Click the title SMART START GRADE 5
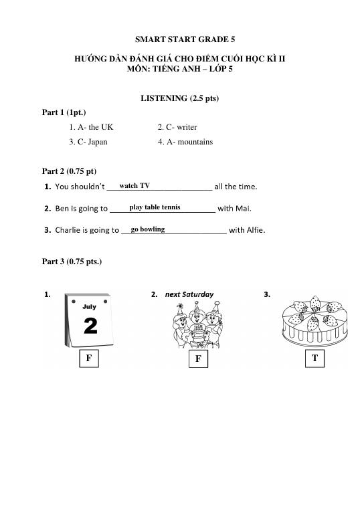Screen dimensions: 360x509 coord(180,39)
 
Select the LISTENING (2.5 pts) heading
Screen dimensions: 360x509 coord(180,98)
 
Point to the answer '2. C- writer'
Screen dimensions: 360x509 coord(177,127)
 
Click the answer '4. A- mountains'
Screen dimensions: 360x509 coord(185,142)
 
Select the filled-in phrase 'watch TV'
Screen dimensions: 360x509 coord(134,185)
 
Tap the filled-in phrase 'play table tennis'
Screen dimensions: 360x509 coord(155,207)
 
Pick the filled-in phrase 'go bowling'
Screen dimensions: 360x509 coord(148,229)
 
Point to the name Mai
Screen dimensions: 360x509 coord(244,209)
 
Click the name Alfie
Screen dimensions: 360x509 coord(255,231)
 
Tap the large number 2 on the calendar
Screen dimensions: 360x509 coord(90,326)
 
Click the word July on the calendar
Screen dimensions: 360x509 coord(90,307)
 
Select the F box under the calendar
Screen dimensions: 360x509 coord(88,359)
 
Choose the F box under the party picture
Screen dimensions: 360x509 coord(197,359)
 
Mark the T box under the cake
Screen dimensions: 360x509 coord(314,359)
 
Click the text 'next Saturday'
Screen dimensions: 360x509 coord(189,294)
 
